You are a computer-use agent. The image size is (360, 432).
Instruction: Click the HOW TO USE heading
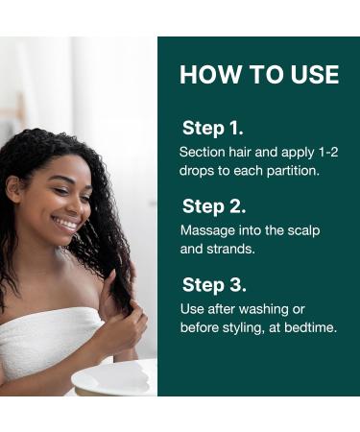click(259, 75)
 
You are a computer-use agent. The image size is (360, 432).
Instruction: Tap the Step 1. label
click(213, 128)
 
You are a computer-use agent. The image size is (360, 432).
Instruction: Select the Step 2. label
click(214, 206)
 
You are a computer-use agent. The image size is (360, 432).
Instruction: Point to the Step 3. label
click(214, 285)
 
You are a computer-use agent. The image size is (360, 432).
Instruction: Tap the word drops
click(199, 170)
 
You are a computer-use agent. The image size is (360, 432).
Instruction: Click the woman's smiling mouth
click(65, 223)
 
